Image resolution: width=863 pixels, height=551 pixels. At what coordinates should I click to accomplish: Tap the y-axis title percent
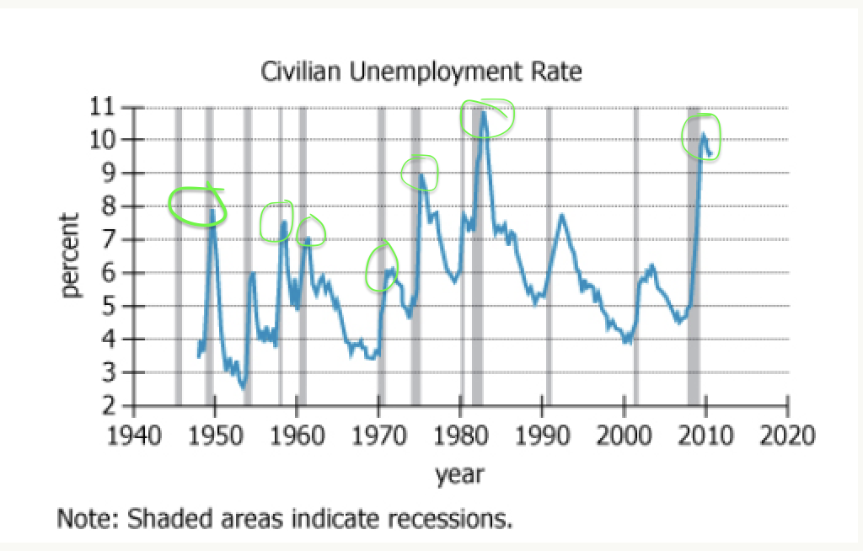click(70, 255)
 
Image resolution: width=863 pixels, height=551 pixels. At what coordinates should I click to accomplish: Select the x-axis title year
click(459, 474)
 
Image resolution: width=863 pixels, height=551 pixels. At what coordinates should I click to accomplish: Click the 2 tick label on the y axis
click(108, 406)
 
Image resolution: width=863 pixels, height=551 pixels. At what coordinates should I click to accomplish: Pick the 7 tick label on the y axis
click(108, 239)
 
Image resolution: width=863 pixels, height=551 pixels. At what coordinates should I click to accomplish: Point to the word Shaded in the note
click(165, 516)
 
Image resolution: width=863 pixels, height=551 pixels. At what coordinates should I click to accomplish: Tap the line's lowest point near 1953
click(243, 387)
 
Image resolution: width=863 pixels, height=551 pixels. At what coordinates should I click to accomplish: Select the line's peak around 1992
click(562, 216)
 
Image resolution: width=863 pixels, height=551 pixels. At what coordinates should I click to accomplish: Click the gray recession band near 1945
click(178, 253)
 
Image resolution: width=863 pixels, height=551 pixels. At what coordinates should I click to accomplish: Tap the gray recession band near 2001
click(635, 253)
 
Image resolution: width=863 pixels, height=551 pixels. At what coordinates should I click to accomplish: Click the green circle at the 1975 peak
click(419, 173)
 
